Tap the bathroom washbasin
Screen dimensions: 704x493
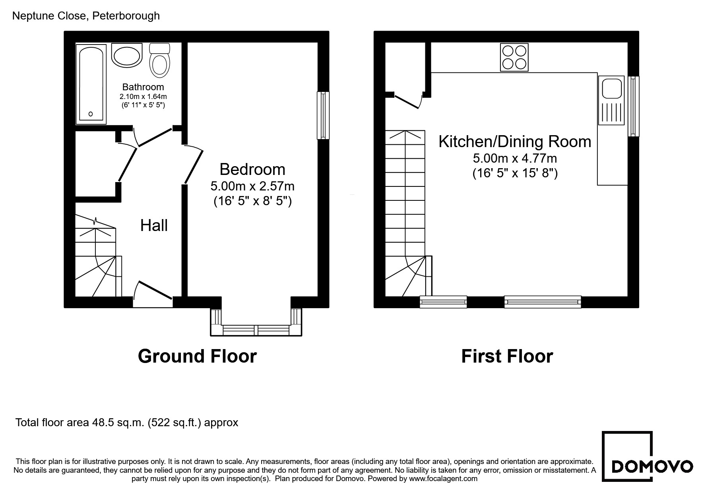tap(127, 56)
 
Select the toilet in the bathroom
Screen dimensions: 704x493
tap(160, 60)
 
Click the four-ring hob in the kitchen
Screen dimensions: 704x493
tap(514, 57)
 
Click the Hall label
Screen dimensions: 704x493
tap(154, 225)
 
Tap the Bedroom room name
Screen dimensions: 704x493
tap(252, 169)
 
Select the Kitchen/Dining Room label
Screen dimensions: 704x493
tap(515, 142)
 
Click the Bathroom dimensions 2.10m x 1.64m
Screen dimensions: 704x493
tap(143, 97)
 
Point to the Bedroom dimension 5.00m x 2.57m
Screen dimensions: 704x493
tap(252, 186)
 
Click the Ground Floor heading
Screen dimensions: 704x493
tap(197, 356)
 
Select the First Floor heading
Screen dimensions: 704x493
tap(507, 356)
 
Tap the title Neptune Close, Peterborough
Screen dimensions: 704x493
tap(86, 16)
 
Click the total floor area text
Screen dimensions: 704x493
tap(127, 422)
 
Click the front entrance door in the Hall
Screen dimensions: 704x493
tap(153, 294)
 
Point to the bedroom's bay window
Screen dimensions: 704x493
tap(256, 322)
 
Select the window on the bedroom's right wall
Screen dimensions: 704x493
tap(323, 115)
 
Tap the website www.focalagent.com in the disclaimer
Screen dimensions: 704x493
tap(443, 479)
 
